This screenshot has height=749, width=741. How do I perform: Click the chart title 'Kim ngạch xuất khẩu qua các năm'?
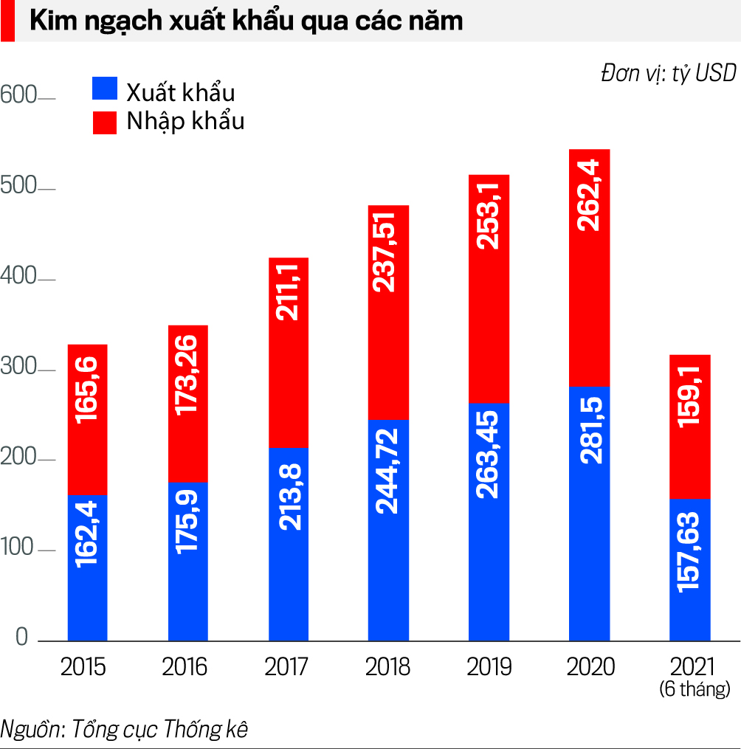pyautogui.click(x=246, y=21)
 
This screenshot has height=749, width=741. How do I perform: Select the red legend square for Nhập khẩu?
pyautogui.click(x=105, y=122)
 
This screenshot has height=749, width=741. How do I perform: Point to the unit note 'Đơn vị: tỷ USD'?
pyautogui.click(x=668, y=73)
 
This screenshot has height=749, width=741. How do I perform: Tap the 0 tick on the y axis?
pyautogui.click(x=21, y=638)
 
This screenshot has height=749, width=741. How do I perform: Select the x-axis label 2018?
pyautogui.click(x=387, y=667)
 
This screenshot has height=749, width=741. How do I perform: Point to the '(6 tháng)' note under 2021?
pyautogui.click(x=694, y=690)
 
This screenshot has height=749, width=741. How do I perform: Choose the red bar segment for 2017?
pyautogui.click(x=287, y=353)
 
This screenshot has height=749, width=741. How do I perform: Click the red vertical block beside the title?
pyautogui.click(x=7, y=21)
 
